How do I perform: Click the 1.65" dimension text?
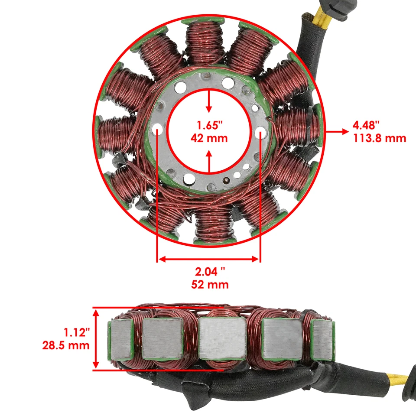tap(210, 126)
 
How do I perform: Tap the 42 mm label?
tap(210, 139)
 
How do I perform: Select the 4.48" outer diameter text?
tap(366, 126)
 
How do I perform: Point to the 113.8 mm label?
tap(379, 139)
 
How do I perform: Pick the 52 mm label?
tap(210, 285)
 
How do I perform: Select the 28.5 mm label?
tap(66, 345)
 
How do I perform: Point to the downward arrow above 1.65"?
tap(209, 106)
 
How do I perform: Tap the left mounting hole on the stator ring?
tap(157, 130)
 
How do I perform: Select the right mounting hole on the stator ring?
tap(261, 131)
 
